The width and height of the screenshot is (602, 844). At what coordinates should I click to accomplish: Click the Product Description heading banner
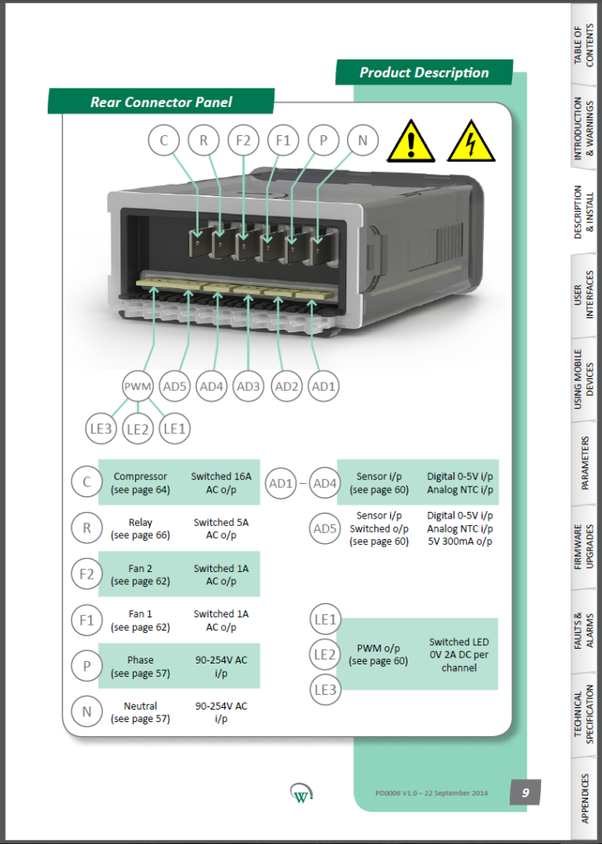point(424,73)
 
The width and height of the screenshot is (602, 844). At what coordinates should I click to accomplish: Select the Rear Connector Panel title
point(161,102)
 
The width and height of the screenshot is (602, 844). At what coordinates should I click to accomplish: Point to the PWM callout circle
point(139,386)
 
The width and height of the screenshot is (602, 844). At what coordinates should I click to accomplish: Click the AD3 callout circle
point(248,386)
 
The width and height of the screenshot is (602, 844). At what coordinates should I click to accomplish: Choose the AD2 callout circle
point(286,386)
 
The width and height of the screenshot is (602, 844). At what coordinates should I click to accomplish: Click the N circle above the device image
point(362,141)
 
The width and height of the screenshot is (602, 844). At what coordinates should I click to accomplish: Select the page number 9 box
point(524,792)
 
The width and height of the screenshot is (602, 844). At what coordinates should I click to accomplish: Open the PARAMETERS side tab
point(585,462)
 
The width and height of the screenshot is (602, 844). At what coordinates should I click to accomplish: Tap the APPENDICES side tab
point(585,797)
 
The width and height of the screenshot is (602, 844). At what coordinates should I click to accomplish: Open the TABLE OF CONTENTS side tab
point(585,45)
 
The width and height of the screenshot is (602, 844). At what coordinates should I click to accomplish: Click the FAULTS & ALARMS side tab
point(585,630)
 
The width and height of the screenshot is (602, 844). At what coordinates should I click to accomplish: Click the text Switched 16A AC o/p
point(220,482)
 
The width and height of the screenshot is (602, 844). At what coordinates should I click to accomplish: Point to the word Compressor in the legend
point(140,476)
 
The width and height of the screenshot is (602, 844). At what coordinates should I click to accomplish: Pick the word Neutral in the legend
point(140,706)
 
